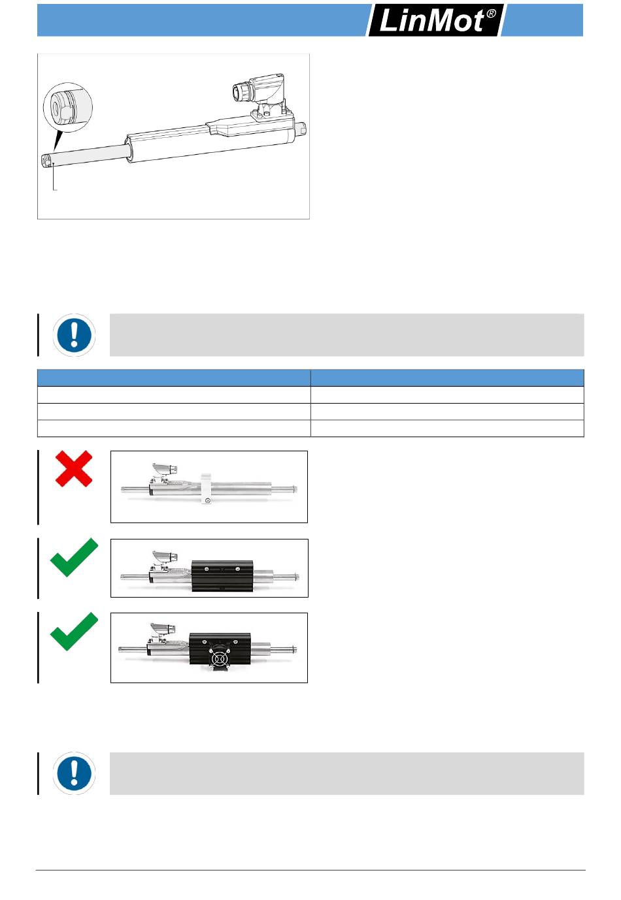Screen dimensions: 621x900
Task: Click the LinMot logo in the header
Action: [x=435, y=20]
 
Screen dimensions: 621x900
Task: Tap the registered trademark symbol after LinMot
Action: [x=491, y=14]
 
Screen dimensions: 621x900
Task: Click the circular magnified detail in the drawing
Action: [x=67, y=107]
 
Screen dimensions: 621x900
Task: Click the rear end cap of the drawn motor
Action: [x=301, y=129]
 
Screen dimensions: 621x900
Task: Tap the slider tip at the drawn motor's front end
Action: [x=46, y=160]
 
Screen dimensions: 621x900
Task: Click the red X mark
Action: [x=74, y=468]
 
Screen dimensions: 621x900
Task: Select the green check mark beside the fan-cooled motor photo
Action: [x=74, y=631]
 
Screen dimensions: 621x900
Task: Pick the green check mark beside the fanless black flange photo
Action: [x=74, y=557]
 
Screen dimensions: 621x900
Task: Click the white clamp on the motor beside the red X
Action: [x=207, y=489]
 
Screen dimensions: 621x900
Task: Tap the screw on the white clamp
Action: [x=207, y=500]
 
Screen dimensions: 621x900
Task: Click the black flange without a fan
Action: [x=222, y=576]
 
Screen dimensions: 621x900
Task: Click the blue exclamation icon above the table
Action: [x=74, y=334]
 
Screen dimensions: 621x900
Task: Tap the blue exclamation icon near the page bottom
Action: [x=74, y=773]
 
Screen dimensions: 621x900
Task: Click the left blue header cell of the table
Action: [x=174, y=378]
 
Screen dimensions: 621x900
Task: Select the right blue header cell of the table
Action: [x=447, y=378]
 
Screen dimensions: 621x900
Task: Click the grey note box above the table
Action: [x=346, y=334]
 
